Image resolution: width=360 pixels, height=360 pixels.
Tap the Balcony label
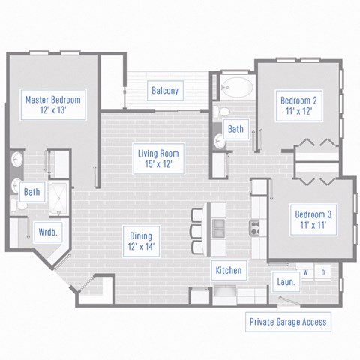pyautogui.click(x=165, y=91)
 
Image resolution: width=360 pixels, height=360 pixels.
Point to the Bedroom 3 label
pyautogui.click(x=310, y=220)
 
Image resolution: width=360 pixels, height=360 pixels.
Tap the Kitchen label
pyautogui.click(x=228, y=270)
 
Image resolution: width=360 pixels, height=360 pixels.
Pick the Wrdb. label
pyautogui.click(x=48, y=232)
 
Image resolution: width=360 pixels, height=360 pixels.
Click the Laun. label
pyautogui.click(x=286, y=282)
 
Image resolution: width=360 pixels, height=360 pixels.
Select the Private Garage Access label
pyautogui.click(x=288, y=322)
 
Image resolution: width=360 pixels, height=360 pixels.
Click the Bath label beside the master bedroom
pyautogui.click(x=31, y=192)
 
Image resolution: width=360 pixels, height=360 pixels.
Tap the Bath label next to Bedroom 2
pyautogui.click(x=235, y=129)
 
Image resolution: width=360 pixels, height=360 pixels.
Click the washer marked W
pyautogui.click(x=306, y=271)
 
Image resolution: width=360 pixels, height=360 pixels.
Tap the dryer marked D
pyautogui.click(x=323, y=271)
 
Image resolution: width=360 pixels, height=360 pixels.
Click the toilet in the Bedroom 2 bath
pyautogui.click(x=217, y=112)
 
